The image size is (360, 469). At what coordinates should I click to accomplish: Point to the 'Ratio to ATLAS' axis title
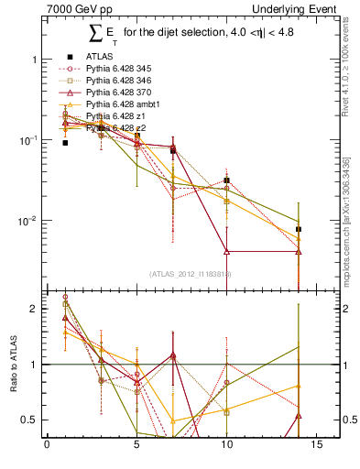[15, 364]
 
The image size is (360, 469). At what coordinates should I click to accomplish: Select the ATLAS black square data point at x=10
[226, 180]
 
